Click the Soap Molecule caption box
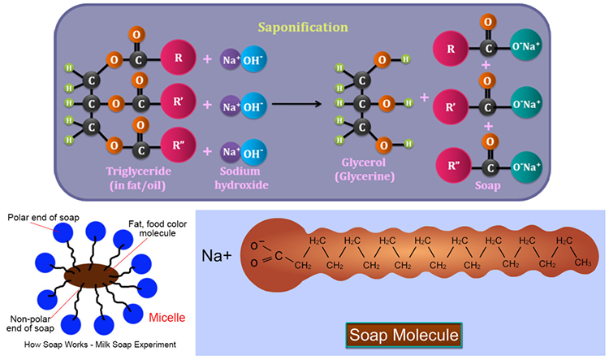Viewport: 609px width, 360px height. (x=404, y=335)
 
